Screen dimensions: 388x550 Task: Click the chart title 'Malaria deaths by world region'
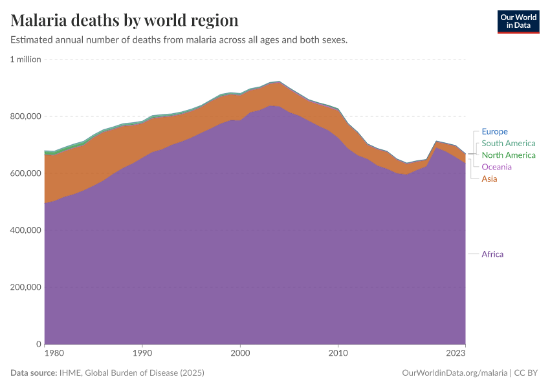[x=124, y=21]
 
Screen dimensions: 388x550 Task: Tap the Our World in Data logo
[x=518, y=21]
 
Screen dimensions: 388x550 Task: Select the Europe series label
[x=494, y=131]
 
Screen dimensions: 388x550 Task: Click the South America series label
[x=508, y=144]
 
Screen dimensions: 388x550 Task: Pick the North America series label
[x=508, y=155]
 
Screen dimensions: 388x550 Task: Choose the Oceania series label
[x=496, y=167]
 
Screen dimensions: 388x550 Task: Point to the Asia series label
[x=489, y=178]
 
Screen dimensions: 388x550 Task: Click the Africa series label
[x=492, y=254]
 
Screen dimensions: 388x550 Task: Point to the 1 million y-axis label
[x=25, y=59]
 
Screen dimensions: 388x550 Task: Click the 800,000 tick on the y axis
[x=25, y=116]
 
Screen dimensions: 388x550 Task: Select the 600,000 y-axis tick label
[x=25, y=173]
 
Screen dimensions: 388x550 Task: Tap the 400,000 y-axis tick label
[x=25, y=230]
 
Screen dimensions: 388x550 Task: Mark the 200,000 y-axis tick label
[x=25, y=287]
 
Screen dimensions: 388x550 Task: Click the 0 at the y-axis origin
[x=38, y=344]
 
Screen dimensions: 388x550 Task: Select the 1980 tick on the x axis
[x=54, y=354]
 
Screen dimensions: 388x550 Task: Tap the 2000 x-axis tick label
[x=240, y=354]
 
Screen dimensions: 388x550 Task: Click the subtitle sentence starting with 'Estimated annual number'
[x=179, y=40]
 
